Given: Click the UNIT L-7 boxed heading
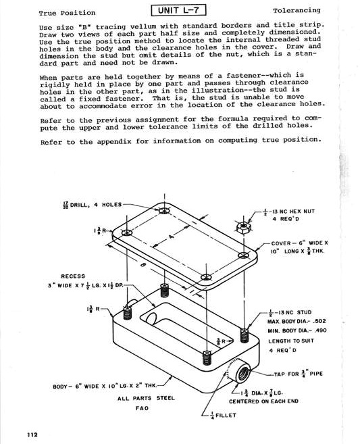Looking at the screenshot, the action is pos(179,10).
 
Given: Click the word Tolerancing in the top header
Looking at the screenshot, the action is pos(297,11).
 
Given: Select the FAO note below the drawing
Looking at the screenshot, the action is pos(142,408).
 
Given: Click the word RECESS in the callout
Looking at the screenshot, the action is pos(73,276).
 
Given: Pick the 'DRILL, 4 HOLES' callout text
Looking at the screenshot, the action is pos(97,205).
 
